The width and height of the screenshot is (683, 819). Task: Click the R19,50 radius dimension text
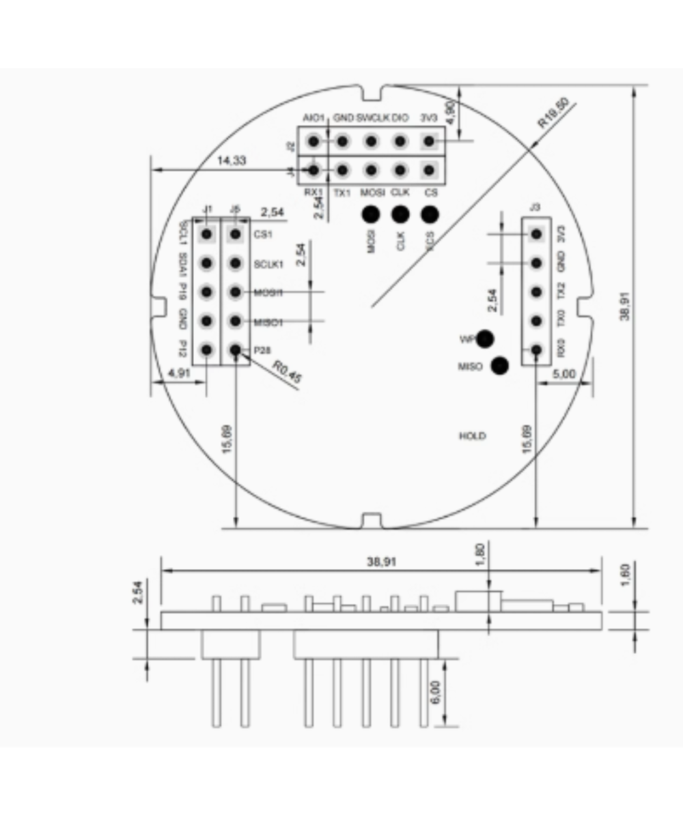553,113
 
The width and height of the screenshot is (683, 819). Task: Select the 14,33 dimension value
232,160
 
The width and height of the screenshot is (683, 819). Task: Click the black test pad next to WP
486,339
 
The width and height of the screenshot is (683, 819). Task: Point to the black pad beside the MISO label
500,367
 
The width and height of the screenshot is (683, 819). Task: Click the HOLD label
473,436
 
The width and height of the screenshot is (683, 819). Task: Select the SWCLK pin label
373,118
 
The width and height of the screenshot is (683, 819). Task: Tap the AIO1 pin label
314,118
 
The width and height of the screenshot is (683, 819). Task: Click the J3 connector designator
535,207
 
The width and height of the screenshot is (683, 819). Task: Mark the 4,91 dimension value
179,373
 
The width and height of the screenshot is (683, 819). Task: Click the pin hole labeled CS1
236,234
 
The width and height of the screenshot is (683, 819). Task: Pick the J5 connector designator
236,208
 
